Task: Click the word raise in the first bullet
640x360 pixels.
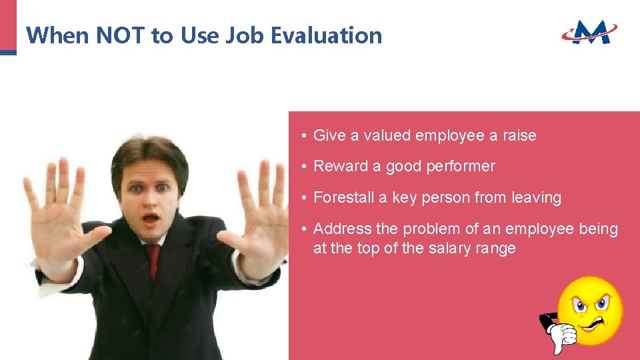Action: [519, 135]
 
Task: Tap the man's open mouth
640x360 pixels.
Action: [151, 219]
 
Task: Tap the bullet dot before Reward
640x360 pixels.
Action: [303, 167]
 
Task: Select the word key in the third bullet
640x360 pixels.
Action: [404, 198]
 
